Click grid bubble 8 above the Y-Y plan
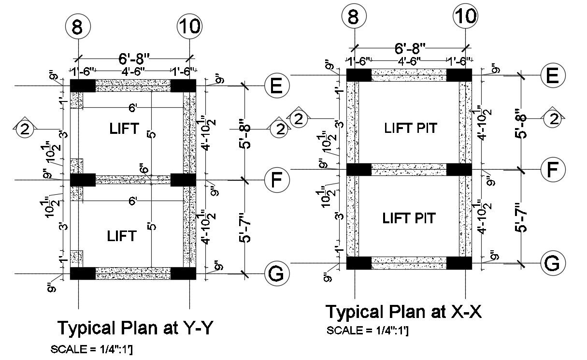[78, 28]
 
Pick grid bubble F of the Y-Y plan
[277, 180]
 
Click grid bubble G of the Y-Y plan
[275, 274]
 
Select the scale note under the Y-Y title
[91, 349]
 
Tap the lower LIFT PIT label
[409, 218]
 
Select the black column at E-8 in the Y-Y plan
[83, 86]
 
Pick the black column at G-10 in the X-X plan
[459, 263]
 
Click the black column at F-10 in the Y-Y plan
[183, 180]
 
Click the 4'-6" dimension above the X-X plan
[409, 61]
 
